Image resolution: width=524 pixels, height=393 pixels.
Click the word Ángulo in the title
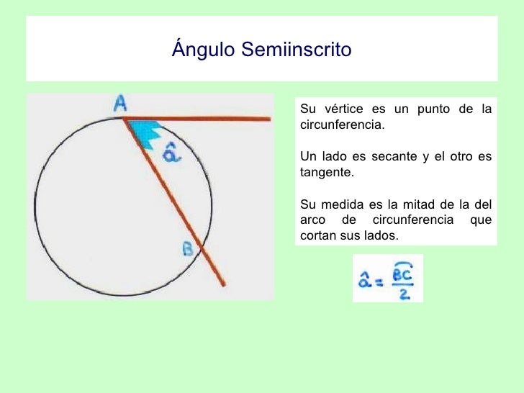[x=204, y=50]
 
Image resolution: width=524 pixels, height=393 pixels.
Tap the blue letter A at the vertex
[x=121, y=104]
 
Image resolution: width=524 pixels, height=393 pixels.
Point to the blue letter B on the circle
[x=188, y=249]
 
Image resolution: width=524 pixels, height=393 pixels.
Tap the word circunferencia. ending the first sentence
[x=342, y=125]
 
